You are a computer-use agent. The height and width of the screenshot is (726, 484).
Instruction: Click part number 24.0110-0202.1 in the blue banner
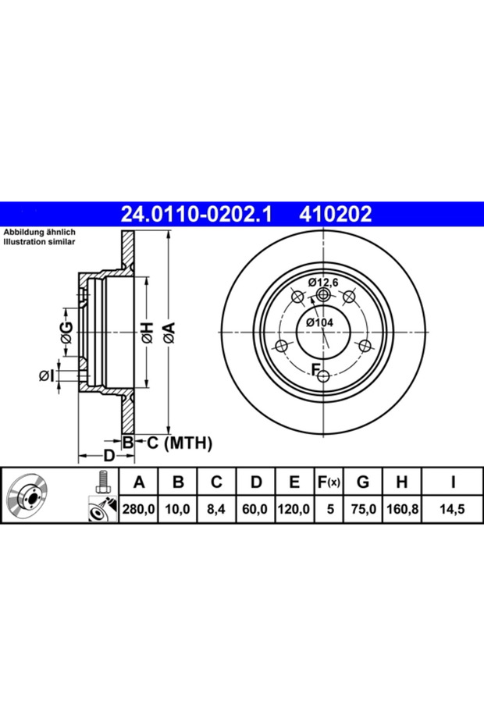pos(198,215)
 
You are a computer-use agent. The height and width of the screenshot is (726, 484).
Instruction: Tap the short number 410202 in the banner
pos(336,215)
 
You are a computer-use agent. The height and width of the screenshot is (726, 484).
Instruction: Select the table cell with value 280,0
pos(138,509)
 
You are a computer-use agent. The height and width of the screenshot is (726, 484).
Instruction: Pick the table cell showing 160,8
pos(401,509)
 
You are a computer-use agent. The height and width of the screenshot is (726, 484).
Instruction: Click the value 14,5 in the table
pos(452,509)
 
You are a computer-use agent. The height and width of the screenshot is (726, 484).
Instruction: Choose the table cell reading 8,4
pos(216,509)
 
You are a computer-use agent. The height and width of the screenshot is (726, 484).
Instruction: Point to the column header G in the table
pos(363,482)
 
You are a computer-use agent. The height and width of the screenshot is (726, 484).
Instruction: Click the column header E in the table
pos(294,482)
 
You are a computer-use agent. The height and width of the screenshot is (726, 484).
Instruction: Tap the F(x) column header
pos(329,482)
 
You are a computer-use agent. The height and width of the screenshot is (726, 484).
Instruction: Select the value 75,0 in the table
pos(363,509)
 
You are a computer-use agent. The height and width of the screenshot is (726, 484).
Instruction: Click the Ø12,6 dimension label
pos(323,282)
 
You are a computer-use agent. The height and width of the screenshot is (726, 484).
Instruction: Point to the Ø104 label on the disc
pos(319,322)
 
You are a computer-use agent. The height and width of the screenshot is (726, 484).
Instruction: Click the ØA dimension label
pos(169,333)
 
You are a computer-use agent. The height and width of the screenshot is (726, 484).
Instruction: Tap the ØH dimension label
pos(146,333)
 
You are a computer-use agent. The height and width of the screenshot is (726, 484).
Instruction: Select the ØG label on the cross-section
pos(66,333)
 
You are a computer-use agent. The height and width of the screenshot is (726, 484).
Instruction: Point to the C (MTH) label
pos(180,443)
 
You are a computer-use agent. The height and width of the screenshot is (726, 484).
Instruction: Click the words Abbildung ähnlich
pos(39,232)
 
